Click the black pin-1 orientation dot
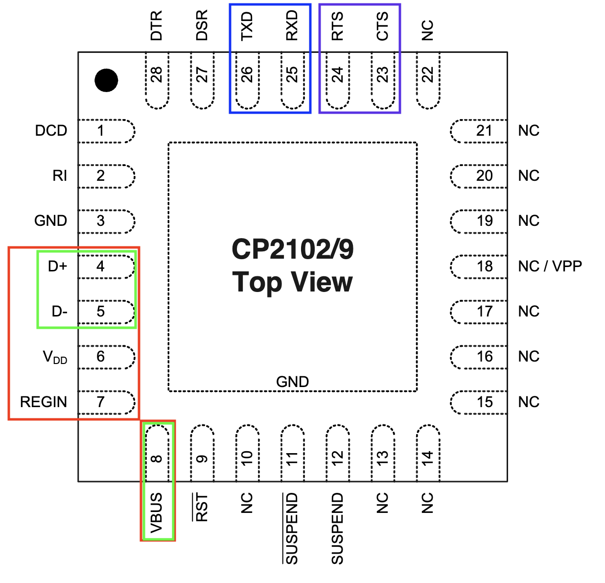coord(106,80)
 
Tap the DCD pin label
coord(51,131)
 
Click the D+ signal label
coord(57,266)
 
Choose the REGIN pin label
coord(44,402)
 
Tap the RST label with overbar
coord(202,508)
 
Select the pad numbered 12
coord(338,453)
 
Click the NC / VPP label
coord(550,266)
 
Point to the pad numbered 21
coord(479,131)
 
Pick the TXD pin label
coord(247,26)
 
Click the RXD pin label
coord(292,26)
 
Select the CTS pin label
coord(383,26)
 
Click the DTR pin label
coord(157,26)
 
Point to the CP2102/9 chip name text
coord(292,249)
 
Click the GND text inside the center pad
coord(292,382)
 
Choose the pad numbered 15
coord(479,402)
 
